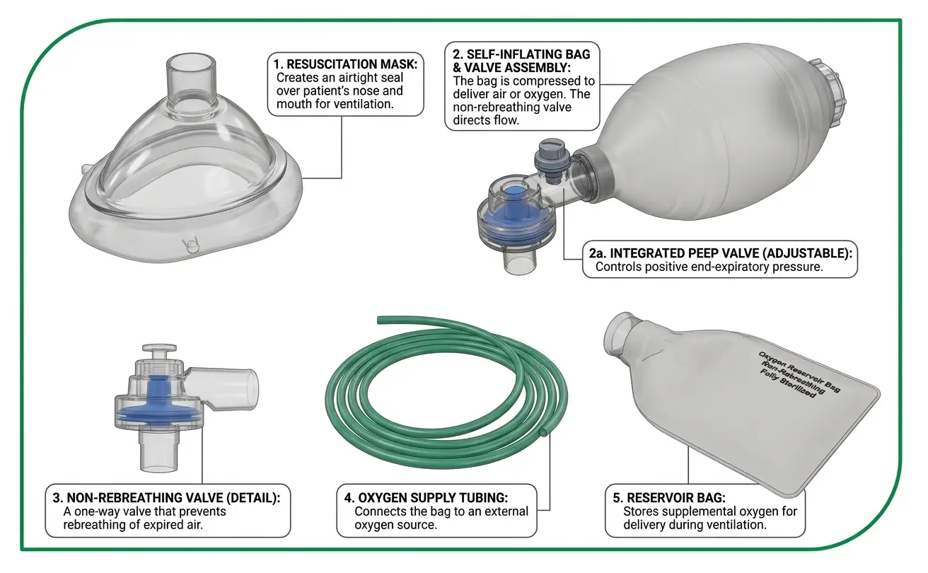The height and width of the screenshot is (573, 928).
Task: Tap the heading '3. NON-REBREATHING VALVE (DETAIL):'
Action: pyautogui.click(x=167, y=497)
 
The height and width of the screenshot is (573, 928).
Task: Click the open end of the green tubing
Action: pyautogui.click(x=543, y=432)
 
